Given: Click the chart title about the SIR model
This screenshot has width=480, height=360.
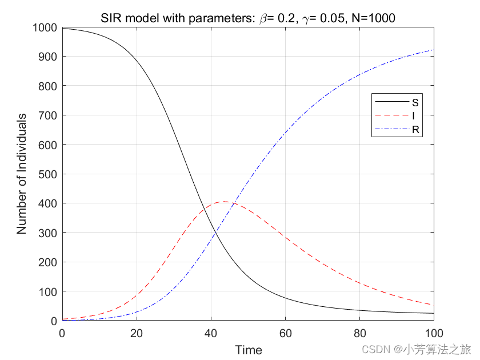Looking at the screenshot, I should pos(247,18).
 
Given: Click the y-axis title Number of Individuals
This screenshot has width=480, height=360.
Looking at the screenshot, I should pos(22,174).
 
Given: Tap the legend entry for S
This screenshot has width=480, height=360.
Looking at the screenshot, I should pos(415,102).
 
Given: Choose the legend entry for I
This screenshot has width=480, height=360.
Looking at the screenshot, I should pos(413,116).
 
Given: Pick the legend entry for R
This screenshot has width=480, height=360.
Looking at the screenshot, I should pos(415,130).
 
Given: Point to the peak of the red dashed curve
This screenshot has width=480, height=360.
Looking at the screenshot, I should pos(223,202).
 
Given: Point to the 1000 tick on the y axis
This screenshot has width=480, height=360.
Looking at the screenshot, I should pos(45,27).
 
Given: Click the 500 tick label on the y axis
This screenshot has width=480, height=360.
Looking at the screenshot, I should pos(48,174).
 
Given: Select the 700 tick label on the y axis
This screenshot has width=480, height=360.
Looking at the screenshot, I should pos(48,115).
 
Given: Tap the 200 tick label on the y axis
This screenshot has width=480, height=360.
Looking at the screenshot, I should pos(48,262).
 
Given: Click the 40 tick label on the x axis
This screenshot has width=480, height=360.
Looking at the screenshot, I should pos(211,333).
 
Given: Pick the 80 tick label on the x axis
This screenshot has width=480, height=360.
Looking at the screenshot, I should pos(359,333).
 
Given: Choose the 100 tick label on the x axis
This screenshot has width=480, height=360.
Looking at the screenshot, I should pos(434,333).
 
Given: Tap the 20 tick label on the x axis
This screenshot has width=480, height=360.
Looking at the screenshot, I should pos(137,333).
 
